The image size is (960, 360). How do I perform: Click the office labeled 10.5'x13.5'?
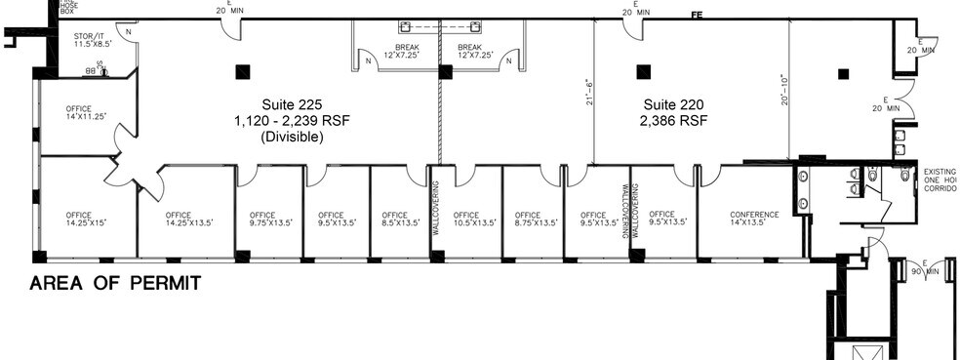tap(466, 220)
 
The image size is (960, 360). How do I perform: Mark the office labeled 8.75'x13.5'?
tap(528, 220)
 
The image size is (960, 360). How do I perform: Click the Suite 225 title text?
tap(291, 104)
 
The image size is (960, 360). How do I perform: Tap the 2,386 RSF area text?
tap(672, 121)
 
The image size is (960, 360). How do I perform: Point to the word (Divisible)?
tap(291, 138)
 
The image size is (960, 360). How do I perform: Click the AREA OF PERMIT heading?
tap(115, 284)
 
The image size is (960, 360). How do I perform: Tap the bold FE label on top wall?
tap(697, 15)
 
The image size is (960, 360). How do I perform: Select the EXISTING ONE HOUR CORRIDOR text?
tap(940, 181)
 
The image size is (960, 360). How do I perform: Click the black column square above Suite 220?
tap(642, 70)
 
